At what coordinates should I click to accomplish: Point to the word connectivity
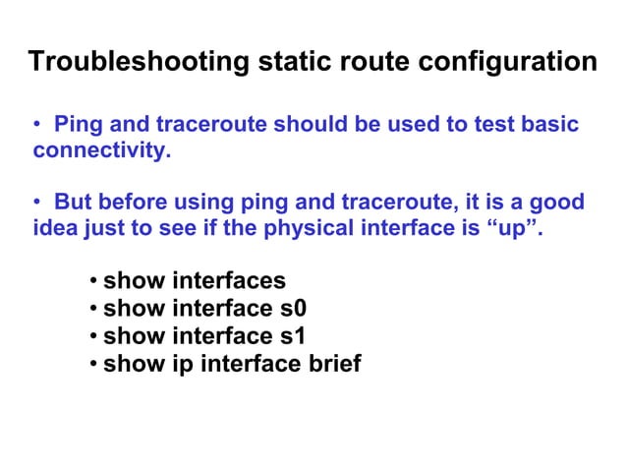point(95,152)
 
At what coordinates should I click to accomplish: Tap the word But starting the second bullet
point(75,204)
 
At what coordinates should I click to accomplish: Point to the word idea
point(55,229)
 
